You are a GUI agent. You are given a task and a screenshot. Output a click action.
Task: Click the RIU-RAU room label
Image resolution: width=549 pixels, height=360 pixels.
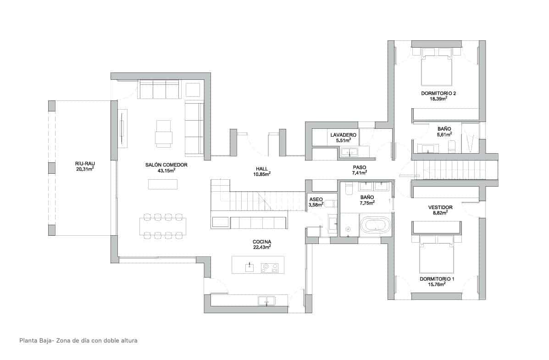85,163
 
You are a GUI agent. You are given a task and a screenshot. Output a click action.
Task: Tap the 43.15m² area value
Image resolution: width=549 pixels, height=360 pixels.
166,170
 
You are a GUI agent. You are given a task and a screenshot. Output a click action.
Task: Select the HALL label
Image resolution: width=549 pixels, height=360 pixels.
262,168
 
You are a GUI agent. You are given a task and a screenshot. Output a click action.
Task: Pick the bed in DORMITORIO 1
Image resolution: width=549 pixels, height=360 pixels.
437,255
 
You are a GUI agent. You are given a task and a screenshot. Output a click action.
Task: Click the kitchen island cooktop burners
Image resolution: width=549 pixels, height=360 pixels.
269,267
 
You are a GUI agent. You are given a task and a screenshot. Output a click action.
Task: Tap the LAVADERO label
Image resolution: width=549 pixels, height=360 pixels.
343,135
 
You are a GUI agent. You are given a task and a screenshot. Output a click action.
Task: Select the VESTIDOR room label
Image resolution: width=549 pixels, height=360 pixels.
440,207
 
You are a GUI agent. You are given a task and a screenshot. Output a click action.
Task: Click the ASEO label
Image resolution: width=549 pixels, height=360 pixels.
316,199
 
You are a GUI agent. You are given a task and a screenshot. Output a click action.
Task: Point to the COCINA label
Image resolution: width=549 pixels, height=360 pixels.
261,242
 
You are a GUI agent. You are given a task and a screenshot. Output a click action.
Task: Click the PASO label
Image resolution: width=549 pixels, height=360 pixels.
360,167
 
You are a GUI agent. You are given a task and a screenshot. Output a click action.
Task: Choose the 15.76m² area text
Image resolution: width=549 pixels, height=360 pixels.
437,284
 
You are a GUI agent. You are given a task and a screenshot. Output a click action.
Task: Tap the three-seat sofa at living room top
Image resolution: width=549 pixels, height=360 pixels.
160,89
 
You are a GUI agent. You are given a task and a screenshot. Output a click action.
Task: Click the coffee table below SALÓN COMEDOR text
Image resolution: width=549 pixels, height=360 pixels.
162,184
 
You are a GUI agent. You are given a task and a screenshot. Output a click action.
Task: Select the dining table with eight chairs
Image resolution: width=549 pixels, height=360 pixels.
163,226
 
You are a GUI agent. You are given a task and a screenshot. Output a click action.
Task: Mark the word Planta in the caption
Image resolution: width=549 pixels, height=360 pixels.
28,341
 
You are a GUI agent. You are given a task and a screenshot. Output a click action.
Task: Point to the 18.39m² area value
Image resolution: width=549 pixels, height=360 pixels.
438,98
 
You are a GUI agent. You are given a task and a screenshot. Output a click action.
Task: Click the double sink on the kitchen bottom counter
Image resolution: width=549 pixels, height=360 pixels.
266,301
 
